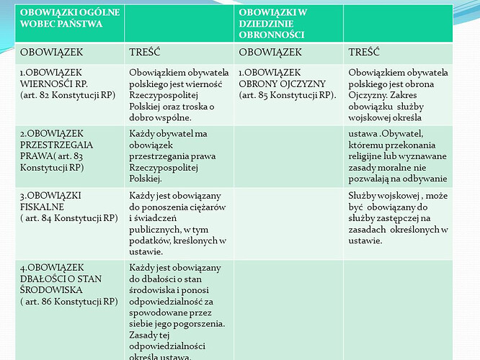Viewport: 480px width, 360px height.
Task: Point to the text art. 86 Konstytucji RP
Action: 68,301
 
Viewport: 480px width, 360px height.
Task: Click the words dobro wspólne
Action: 159,117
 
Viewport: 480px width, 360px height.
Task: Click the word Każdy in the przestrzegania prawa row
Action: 142,134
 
